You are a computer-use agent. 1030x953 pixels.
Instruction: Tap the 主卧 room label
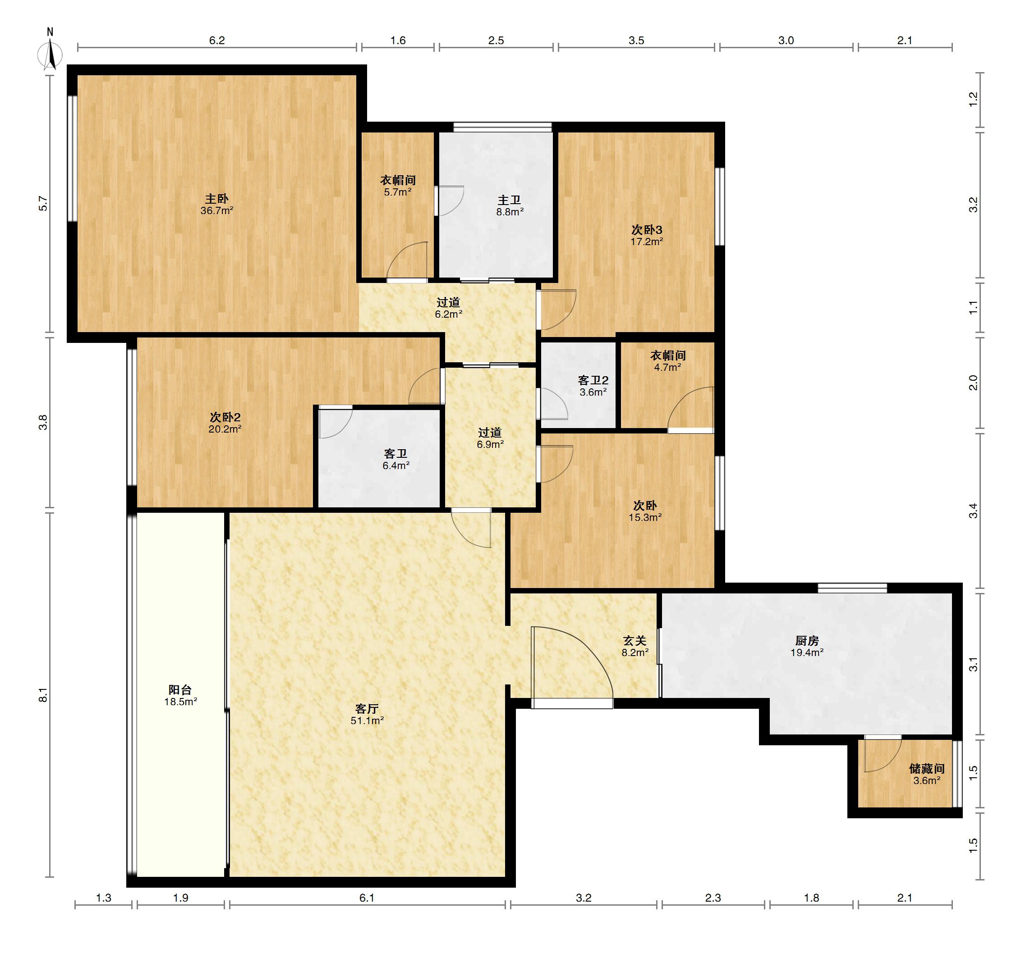coord(217,199)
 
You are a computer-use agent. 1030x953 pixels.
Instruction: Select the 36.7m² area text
coord(217,210)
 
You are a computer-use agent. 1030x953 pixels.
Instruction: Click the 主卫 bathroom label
coord(509,200)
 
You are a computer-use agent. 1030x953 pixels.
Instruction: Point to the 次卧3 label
coord(647,229)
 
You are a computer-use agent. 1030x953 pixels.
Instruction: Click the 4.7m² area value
coord(668,367)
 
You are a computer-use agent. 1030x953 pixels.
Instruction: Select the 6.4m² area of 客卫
coord(396,465)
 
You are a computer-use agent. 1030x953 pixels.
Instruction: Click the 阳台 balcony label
coord(180,689)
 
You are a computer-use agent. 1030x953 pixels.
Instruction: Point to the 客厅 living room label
coord(367,709)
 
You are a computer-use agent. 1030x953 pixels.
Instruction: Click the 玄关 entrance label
coord(635,640)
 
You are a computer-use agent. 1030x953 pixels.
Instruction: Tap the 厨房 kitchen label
coord(807,640)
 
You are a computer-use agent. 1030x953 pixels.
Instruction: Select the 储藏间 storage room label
coord(927,768)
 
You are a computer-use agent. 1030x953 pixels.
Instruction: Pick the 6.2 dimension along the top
coord(217,40)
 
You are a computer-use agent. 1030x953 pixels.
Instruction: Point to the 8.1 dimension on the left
coord(43,695)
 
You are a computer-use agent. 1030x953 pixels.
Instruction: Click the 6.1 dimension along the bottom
coord(367,898)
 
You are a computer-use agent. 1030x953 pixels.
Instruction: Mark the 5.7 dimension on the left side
coord(43,204)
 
